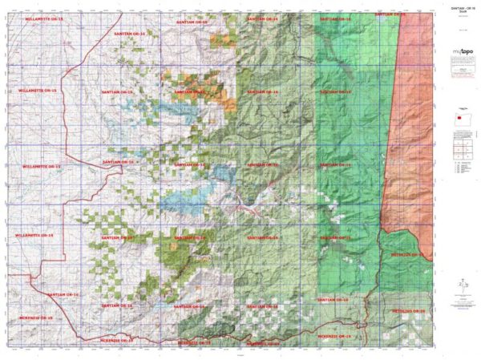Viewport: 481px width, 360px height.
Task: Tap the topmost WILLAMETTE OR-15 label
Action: (x=42, y=17)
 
